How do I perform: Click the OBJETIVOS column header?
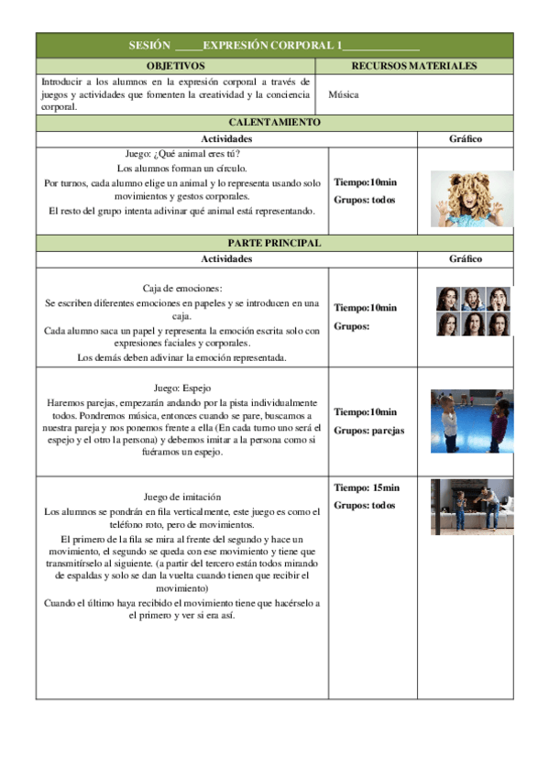click(x=176, y=66)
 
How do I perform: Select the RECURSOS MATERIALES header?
click(x=414, y=66)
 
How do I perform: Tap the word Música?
click(x=343, y=94)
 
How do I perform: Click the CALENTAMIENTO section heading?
click(x=274, y=122)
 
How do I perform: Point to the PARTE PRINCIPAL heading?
click(x=274, y=243)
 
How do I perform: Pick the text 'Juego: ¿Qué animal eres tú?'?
click(x=181, y=154)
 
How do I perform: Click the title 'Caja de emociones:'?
click(x=182, y=288)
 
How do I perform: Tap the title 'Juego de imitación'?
click(x=182, y=496)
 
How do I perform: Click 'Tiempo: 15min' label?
click(x=367, y=487)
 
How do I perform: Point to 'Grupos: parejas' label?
click(x=368, y=430)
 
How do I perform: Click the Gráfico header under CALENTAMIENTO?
click(x=466, y=139)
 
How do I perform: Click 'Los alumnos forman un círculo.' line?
click(x=181, y=169)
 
